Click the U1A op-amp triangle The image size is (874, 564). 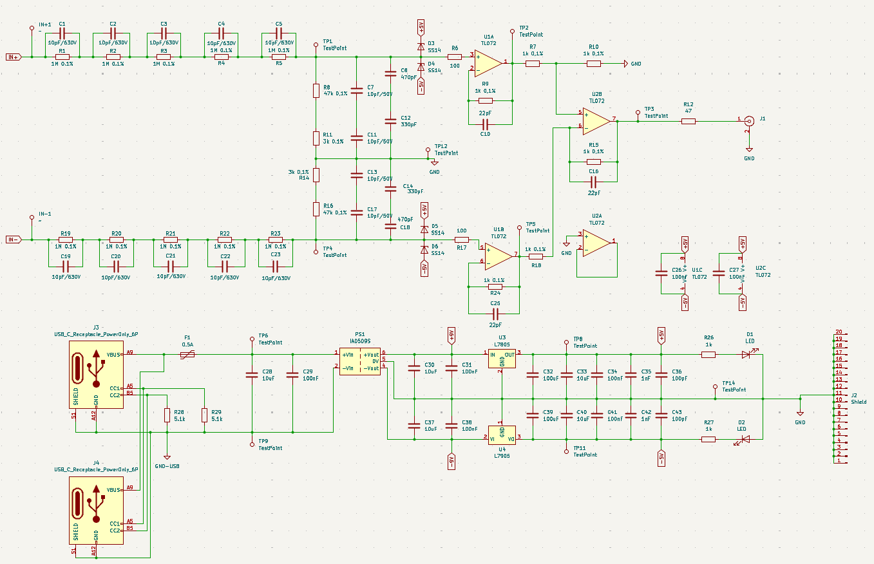click(489, 62)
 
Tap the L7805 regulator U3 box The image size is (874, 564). click(501, 359)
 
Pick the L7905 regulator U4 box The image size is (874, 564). click(501, 434)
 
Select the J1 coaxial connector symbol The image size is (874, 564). click(749, 120)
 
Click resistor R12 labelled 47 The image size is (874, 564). click(689, 120)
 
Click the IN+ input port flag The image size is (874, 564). click(14, 57)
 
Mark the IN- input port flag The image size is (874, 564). click(14, 240)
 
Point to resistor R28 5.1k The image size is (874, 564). click(167, 415)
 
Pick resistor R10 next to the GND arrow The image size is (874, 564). click(593, 64)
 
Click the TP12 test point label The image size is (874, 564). click(446, 149)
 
